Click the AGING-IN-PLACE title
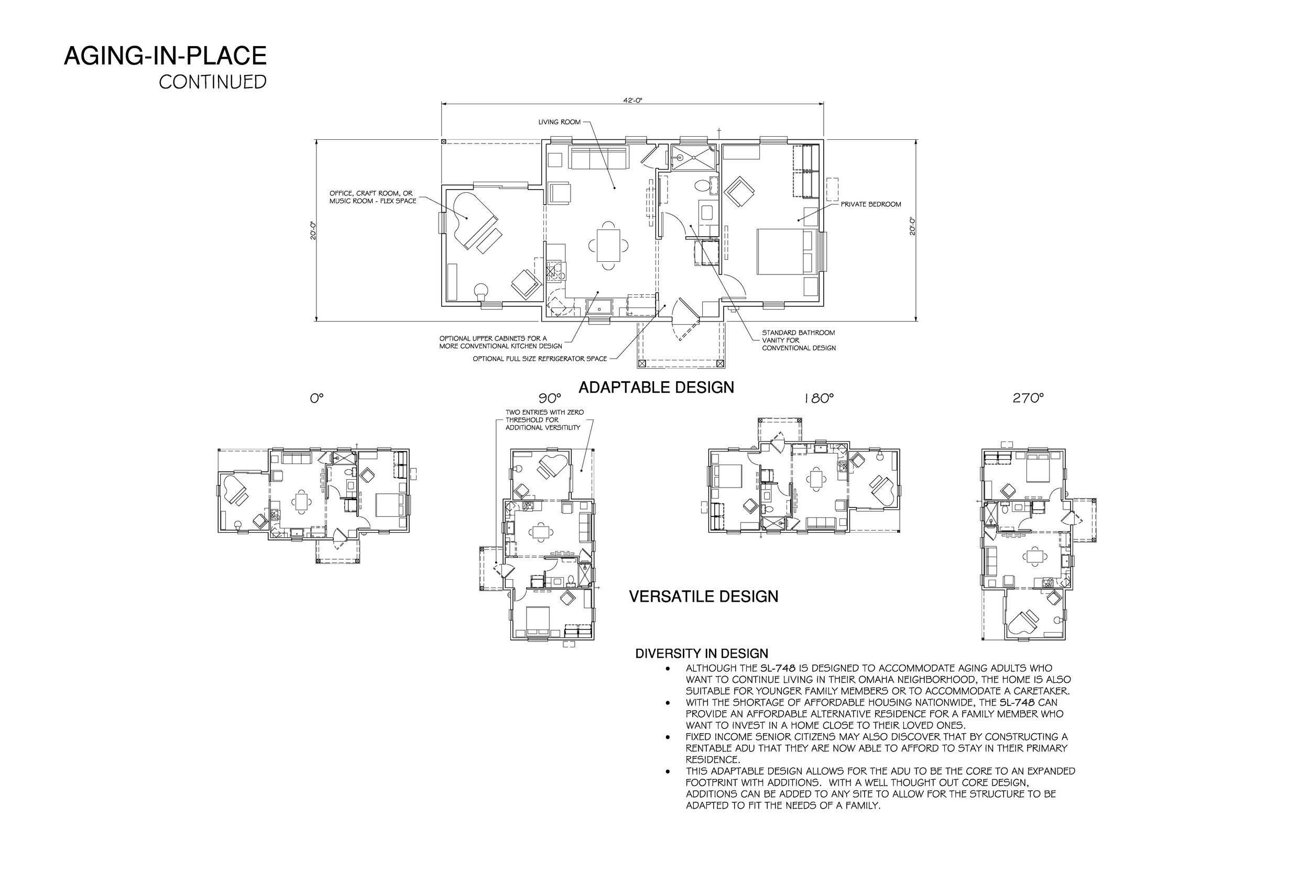pos(165,56)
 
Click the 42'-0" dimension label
pos(632,101)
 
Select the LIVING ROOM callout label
pos(559,122)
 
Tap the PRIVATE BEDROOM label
pos(870,204)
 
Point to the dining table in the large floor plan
pos(608,245)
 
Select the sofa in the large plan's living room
pos(598,158)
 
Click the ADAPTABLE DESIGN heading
pos(656,388)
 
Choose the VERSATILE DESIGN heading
pos(703,596)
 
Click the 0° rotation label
pos(316,399)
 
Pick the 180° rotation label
pos(818,399)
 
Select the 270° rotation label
pos(1028,399)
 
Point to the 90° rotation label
pos(549,399)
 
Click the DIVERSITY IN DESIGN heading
pos(701,654)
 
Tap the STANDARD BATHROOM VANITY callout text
pos(798,340)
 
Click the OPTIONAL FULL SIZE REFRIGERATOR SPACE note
pos(539,359)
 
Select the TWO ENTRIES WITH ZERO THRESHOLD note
pos(544,420)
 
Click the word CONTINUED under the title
pos(212,82)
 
